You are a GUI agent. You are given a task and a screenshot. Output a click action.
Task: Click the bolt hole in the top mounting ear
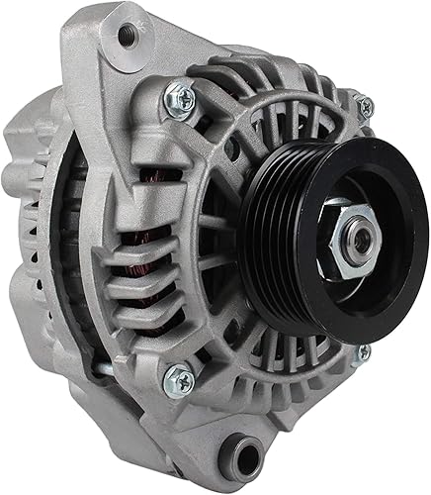pyautogui.click(x=126, y=37)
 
